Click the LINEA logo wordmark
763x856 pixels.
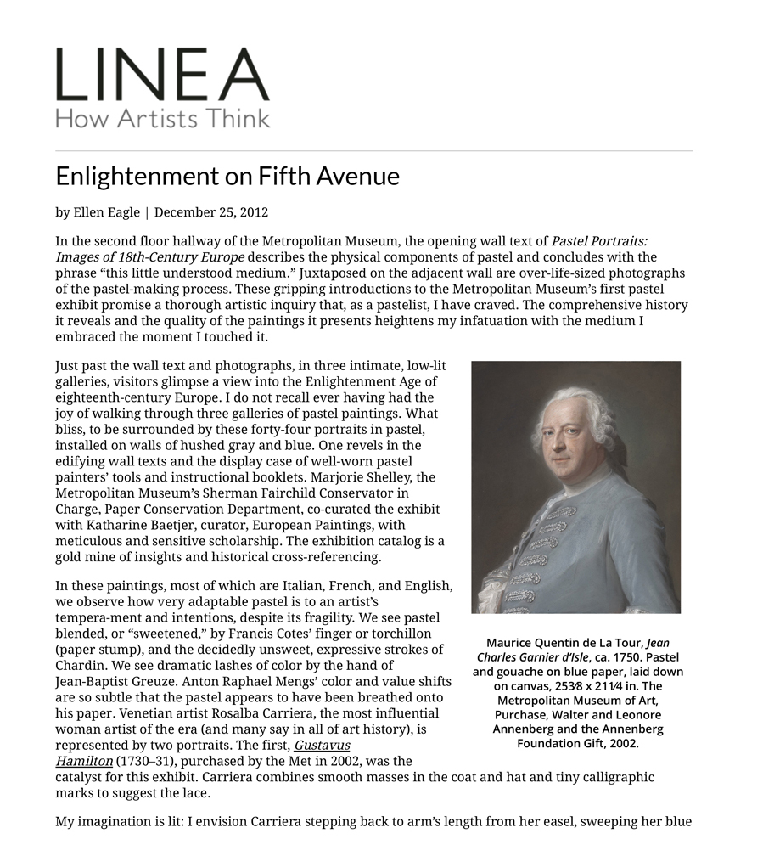coord(162,76)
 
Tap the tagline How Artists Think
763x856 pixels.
coord(162,117)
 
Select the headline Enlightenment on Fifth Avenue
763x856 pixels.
coord(227,176)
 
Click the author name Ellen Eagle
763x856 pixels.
coord(107,212)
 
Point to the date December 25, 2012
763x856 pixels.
coord(211,212)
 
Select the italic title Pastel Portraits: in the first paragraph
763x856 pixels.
coord(599,241)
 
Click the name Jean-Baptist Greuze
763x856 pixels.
coord(106,681)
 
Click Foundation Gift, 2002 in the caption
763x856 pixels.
coord(577,743)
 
